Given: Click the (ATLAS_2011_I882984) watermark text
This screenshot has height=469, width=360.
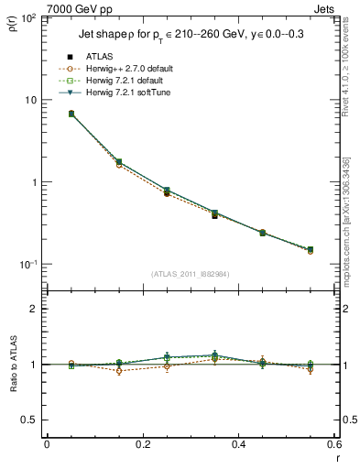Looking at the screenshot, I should click(191, 274).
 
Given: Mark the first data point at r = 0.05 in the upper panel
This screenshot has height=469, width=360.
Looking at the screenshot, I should click(71, 114).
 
